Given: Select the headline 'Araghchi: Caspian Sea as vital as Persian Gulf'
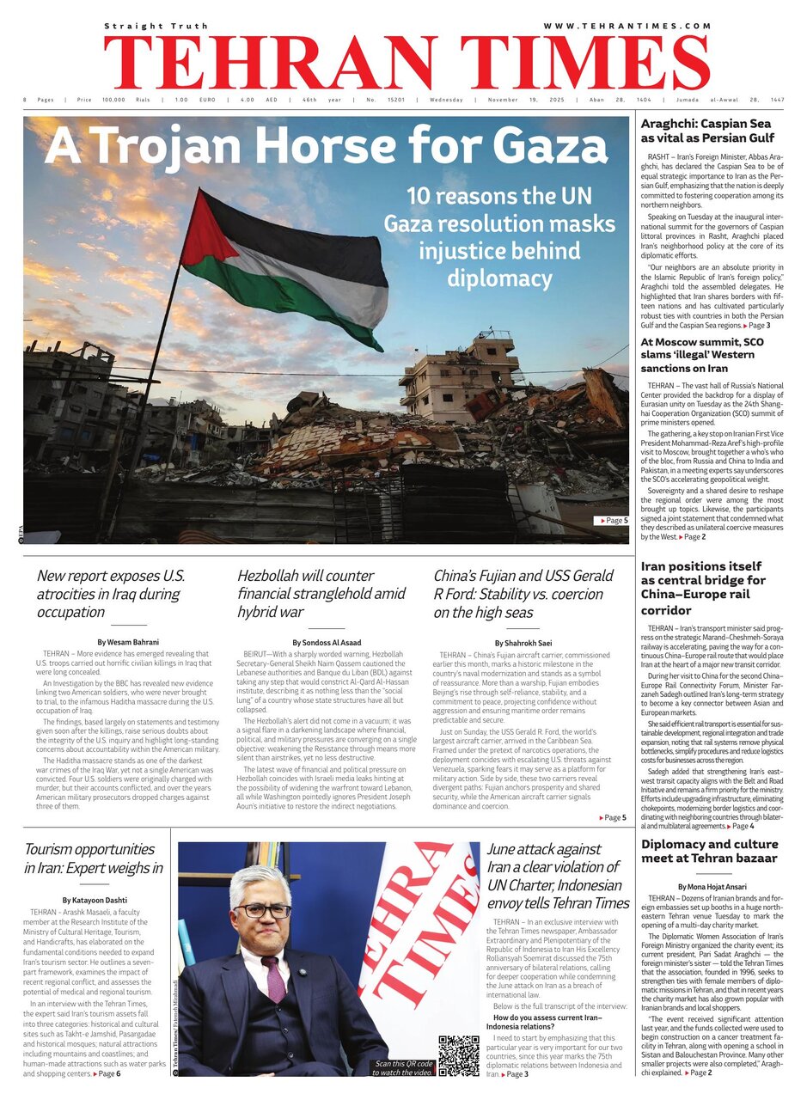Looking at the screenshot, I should pos(707,131).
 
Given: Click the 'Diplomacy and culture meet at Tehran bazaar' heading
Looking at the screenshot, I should pos(709,851).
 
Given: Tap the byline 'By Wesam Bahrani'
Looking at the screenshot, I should pos(128,642).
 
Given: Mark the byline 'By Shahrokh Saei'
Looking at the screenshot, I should pos(523,643).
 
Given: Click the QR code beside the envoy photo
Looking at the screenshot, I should pos(458,1056).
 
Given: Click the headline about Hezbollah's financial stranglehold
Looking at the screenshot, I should pos(321,594).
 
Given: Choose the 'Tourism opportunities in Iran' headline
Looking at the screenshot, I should pos(93,859).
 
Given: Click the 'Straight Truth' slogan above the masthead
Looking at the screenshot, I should pos(144,27).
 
